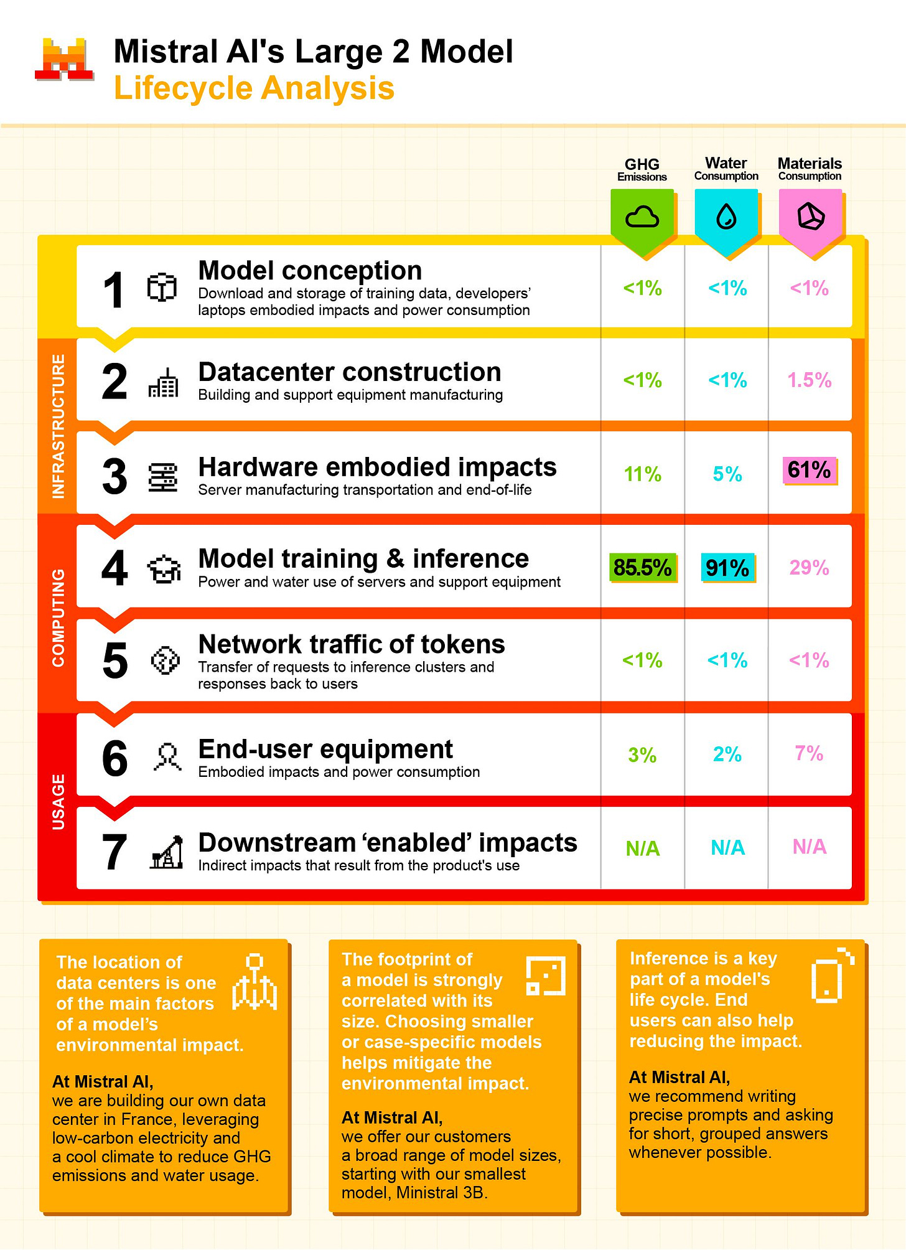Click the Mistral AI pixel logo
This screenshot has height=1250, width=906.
[x=64, y=60]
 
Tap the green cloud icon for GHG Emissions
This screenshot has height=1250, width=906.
[x=642, y=217]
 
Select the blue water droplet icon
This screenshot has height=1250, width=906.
[x=726, y=217]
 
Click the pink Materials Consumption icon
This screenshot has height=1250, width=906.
[x=810, y=217]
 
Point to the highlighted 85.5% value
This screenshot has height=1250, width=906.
[x=642, y=568]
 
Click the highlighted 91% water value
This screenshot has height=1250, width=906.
[x=727, y=568]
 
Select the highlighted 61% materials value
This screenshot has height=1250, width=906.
[x=809, y=470]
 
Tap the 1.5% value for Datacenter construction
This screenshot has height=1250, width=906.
[x=809, y=380]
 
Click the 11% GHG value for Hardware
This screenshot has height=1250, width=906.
[x=642, y=474]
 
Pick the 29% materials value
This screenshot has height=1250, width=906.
[x=809, y=568]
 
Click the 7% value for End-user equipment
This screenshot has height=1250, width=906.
[x=809, y=754]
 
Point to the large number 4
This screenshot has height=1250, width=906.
[x=114, y=568]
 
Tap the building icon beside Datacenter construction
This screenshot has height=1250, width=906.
[x=164, y=382]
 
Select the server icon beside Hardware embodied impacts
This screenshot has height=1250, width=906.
[x=163, y=477]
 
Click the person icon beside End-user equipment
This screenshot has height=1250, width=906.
[x=167, y=757]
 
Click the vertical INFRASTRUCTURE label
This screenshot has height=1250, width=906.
[x=58, y=426]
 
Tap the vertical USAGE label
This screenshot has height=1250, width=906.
[x=58, y=802]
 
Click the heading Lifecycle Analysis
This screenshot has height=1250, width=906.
[x=254, y=88]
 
